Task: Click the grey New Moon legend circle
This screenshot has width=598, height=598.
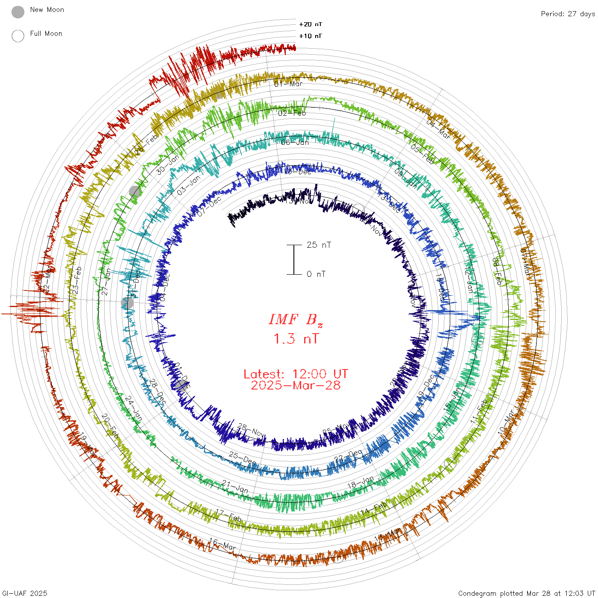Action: pos(18,12)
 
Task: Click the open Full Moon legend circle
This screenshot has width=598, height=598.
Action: pos(18,36)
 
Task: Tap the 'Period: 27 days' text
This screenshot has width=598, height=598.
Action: pos(568,14)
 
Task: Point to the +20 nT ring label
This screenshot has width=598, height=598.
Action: pos(311,24)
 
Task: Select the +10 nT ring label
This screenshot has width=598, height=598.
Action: pos(311,36)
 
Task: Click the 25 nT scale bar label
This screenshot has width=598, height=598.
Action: pos(319,245)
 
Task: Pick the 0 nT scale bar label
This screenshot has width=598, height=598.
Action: pos(316,274)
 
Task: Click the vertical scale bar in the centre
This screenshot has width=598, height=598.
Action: pos(294,260)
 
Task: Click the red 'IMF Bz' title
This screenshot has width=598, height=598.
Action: pos(296,320)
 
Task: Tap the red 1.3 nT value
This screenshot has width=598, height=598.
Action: pos(296,339)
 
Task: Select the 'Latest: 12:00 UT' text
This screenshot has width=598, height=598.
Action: pos(296,374)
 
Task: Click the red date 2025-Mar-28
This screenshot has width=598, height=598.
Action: pos(296,386)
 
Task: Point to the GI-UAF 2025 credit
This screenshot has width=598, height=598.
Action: pos(25,593)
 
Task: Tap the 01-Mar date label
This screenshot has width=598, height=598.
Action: pos(288,84)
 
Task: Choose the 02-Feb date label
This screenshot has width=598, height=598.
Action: pos(292,113)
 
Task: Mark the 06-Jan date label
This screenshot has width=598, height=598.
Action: pos(295,142)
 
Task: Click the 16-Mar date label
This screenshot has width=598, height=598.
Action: pos(222,544)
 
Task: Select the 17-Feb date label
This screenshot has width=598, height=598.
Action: pos(228,516)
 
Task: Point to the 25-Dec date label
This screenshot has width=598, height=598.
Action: pos(242,458)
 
